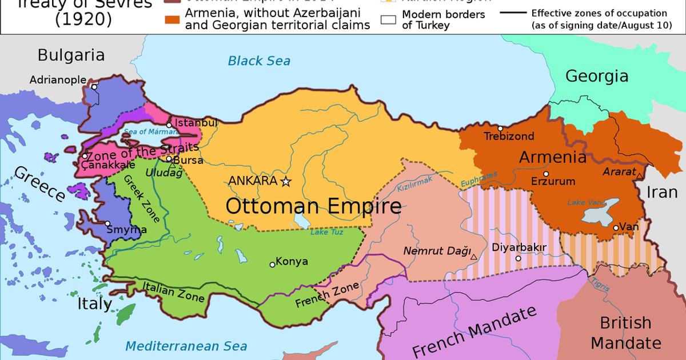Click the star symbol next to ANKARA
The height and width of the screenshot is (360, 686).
pyautogui.click(x=286, y=181)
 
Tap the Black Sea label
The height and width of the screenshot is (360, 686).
pyautogui.click(x=259, y=61)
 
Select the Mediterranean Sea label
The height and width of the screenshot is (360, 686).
pyautogui.click(x=186, y=346)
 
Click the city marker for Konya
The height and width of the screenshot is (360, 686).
pyautogui.click(x=272, y=264)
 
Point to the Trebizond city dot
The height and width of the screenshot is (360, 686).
pyautogui.click(x=500, y=129)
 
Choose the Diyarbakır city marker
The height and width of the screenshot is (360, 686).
pyautogui.click(x=518, y=258)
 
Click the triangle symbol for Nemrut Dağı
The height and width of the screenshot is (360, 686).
pyautogui.click(x=474, y=257)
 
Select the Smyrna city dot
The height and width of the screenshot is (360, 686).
pyautogui.click(x=107, y=223)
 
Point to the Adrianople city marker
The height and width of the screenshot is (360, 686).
pyautogui.click(x=94, y=87)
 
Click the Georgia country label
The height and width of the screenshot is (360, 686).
pyautogui.click(x=596, y=76)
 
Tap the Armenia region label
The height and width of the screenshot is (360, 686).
pyautogui.click(x=552, y=157)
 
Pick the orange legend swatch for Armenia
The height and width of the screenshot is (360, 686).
pyautogui.click(x=172, y=21)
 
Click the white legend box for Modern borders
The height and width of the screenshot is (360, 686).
pyautogui.click(x=389, y=20)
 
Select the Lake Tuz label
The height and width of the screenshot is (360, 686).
pyautogui.click(x=325, y=232)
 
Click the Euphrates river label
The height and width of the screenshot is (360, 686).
pyautogui.click(x=479, y=179)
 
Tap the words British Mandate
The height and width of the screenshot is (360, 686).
pyautogui.click(x=625, y=333)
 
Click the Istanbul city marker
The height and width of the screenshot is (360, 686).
pyautogui.click(x=169, y=125)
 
